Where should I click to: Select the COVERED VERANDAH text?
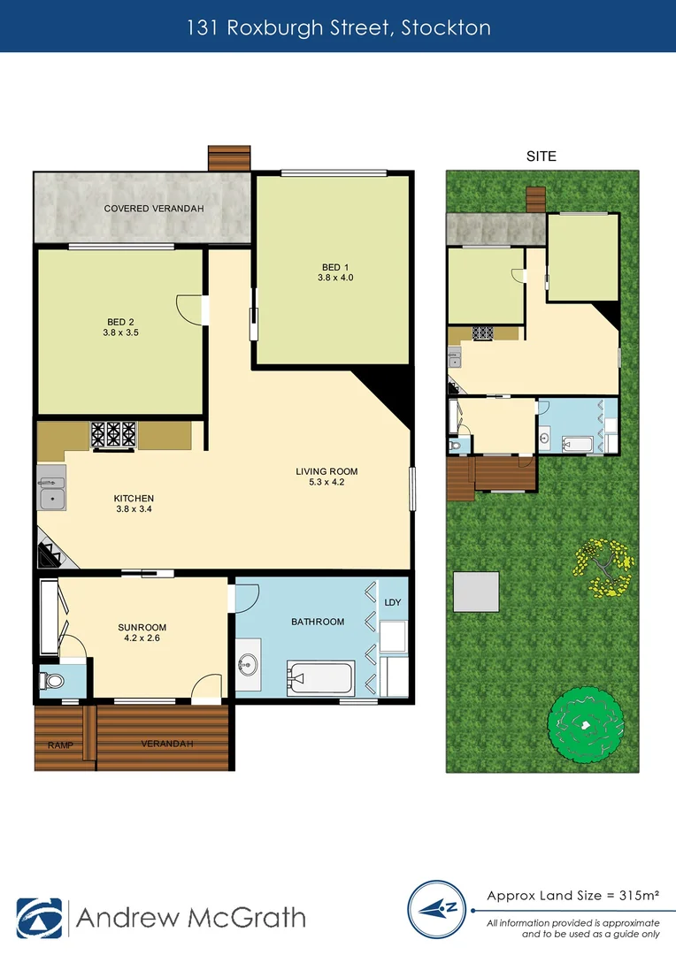tap(154, 209)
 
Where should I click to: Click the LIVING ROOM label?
tap(326, 471)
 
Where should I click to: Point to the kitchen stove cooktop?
tap(114, 434)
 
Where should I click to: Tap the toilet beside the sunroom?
tap(54, 683)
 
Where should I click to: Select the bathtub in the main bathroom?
tap(319, 678)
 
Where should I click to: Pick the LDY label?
tap(393, 602)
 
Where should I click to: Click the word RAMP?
tap(58, 744)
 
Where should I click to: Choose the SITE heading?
tap(541, 157)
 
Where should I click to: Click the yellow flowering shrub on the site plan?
tap(605, 564)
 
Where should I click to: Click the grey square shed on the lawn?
tap(476, 592)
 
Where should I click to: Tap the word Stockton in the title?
tap(446, 27)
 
